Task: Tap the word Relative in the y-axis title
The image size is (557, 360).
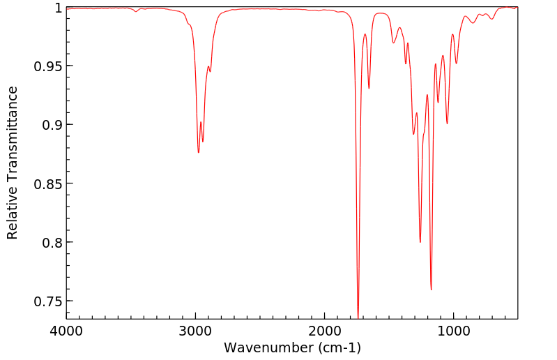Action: point(13,216)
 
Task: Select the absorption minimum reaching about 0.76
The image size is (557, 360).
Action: point(431,290)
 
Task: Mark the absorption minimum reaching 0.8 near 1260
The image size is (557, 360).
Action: point(420,242)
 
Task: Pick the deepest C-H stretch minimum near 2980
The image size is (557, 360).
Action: point(199,152)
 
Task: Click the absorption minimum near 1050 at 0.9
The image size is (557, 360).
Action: point(447,123)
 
